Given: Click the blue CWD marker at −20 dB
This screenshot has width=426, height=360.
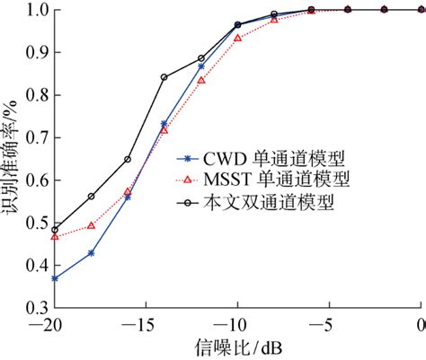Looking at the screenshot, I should point(55,278).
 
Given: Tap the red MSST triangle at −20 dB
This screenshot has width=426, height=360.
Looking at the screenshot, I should point(55,237).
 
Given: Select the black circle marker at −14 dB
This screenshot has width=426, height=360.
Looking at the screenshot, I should point(164,77).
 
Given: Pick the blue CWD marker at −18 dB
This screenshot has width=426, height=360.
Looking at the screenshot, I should point(92,253).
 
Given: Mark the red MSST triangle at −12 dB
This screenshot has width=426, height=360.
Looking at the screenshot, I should point(201,81).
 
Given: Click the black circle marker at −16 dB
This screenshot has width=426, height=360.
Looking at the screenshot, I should point(128,159).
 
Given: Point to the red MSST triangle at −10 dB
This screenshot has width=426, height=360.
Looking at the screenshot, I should point(238,39).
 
